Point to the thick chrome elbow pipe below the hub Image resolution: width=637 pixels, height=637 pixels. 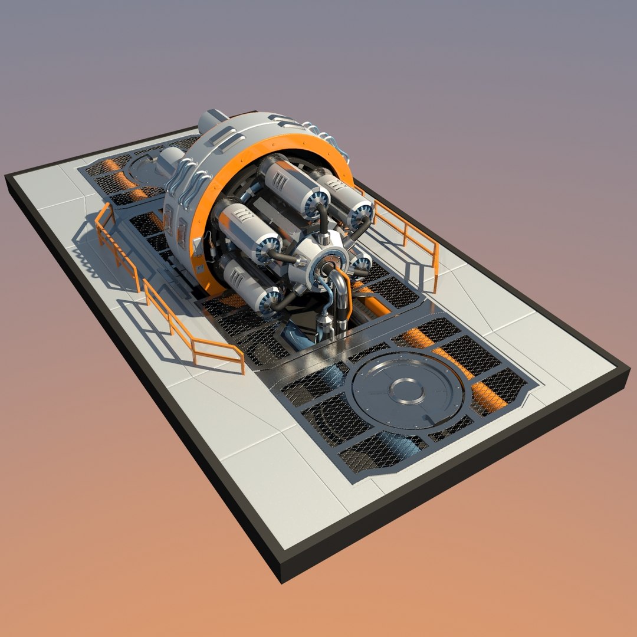[x=341, y=295]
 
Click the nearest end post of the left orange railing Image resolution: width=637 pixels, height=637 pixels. [x=242, y=361]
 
